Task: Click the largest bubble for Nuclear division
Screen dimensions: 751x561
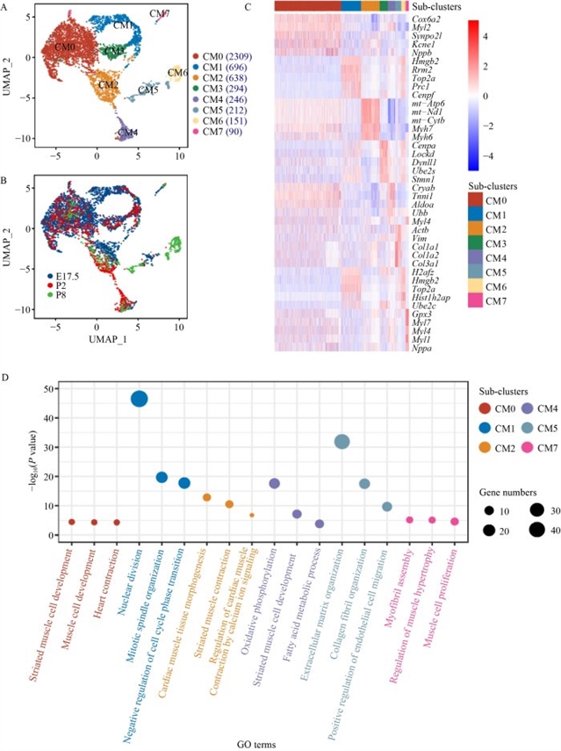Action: pos(139,399)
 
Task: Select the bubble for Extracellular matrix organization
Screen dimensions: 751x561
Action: pos(342,442)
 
